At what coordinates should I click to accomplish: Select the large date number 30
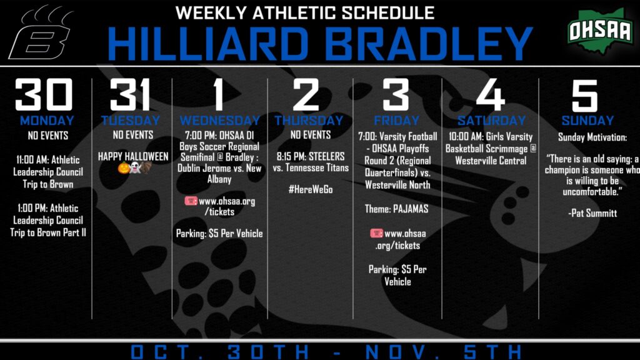pos(44,95)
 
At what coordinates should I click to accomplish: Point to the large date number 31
pos(130,95)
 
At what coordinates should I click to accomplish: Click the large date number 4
pos(491,95)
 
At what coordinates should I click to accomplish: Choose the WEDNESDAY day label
pos(219,121)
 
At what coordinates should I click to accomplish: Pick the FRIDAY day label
pos(397,121)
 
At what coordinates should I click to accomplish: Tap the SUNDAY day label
pos(587,121)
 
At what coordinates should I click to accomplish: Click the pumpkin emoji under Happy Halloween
pos(124,167)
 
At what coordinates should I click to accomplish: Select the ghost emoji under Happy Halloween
pos(134,167)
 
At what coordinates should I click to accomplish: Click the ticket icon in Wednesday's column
pos(191,201)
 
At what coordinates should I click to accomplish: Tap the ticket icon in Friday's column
pos(376,233)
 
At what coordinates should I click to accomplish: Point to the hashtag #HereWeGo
pos(311,189)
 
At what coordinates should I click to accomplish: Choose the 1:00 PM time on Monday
pos(31,208)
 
